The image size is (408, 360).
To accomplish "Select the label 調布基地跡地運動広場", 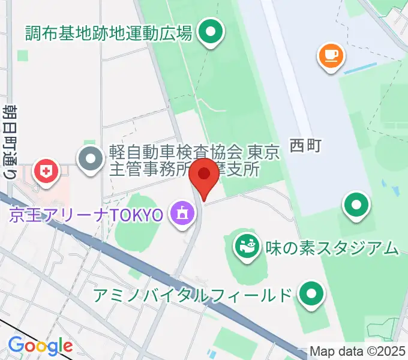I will (109, 32).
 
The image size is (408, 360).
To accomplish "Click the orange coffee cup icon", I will (330, 56).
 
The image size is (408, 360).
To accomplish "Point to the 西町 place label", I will (306, 145).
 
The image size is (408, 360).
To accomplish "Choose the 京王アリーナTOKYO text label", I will (85, 215).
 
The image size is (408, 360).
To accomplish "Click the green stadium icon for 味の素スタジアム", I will (245, 245).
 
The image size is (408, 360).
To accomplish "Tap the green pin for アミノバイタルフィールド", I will (311, 293).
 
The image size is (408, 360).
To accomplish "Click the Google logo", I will (40, 346).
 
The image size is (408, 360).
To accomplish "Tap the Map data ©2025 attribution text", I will (358, 351).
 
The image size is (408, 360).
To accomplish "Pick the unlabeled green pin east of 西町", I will (356, 206).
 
